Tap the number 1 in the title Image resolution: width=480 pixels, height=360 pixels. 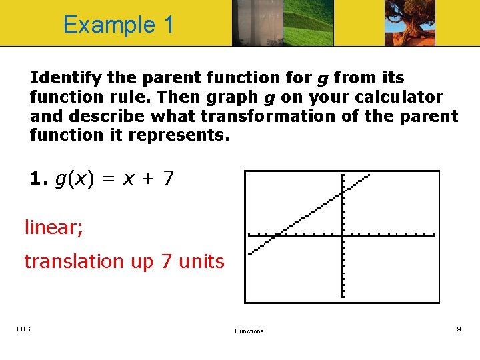click(167, 25)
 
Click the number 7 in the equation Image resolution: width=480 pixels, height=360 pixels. click(169, 179)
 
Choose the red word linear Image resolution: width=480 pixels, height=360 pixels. click(54, 228)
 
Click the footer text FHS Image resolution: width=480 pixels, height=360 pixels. click(23, 329)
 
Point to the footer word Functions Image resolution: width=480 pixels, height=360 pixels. click(249, 331)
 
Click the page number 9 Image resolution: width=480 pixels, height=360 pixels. click(459, 329)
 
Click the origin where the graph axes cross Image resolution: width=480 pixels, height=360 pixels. click(341, 234)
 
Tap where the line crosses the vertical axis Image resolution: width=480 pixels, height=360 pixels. click(341, 193)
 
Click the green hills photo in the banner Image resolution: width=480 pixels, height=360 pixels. click(309, 23)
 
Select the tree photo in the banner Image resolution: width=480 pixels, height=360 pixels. click(409, 23)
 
